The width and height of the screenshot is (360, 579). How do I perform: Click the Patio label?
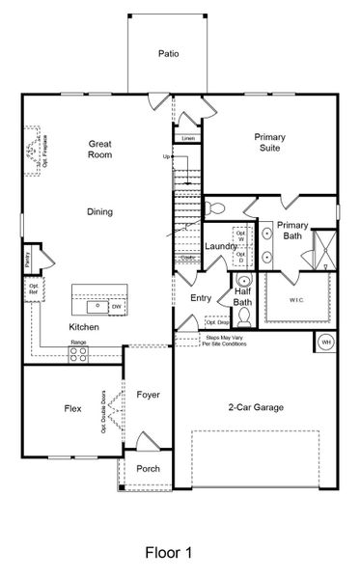[169, 55]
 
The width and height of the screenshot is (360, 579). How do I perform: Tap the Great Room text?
[99, 148]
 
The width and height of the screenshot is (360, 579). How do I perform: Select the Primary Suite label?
[269, 143]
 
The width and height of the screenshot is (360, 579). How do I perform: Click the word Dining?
[99, 212]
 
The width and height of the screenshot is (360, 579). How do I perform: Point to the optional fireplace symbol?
[36, 146]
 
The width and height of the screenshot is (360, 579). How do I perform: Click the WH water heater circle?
[325, 343]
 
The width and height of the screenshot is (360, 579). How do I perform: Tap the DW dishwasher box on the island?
[116, 307]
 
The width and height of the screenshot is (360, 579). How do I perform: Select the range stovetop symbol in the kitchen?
[78, 353]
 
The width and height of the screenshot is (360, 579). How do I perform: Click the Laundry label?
[220, 247]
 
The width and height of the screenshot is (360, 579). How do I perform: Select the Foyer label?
[149, 394]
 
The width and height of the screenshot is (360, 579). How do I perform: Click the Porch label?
[149, 469]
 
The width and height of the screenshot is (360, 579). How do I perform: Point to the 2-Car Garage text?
[256, 408]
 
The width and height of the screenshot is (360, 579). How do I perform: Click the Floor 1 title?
[169, 553]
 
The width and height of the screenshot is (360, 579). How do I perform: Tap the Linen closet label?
[188, 139]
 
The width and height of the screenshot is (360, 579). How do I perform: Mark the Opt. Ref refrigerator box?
[34, 289]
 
